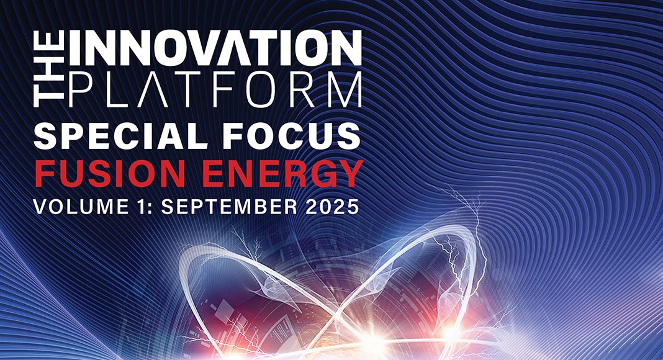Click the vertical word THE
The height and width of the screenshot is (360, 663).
click(x=48, y=68)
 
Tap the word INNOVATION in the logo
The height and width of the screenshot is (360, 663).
click(x=215, y=48)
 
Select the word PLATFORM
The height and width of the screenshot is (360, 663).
click(x=215, y=89)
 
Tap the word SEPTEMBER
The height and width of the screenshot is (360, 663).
click(x=229, y=207)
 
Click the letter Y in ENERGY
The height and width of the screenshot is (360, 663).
click(x=348, y=174)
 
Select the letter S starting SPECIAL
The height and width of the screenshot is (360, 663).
click(x=47, y=136)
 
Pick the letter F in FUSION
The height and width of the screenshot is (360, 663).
click(x=45, y=174)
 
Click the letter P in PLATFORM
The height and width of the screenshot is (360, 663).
click(x=80, y=89)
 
